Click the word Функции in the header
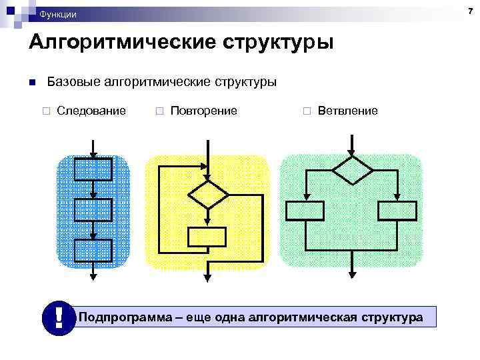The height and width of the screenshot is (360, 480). (x=58, y=14)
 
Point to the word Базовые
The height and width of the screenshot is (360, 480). (x=73, y=82)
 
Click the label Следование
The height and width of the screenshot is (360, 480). (x=91, y=111)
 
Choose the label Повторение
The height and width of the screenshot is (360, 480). (x=203, y=111)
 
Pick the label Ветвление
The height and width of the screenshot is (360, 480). (x=347, y=111)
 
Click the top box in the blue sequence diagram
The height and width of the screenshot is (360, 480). (x=93, y=169)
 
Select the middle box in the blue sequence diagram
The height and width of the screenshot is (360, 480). (x=93, y=210)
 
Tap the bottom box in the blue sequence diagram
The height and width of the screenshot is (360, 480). (x=93, y=250)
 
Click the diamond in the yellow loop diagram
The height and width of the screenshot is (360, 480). (x=208, y=195)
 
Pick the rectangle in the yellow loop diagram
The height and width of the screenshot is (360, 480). (x=207, y=237)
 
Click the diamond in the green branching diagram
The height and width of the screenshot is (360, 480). (x=352, y=170)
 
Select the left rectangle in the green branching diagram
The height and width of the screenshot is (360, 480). (x=305, y=211)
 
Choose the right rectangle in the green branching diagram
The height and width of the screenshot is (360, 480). (x=397, y=211)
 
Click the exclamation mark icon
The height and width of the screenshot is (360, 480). (x=59, y=318)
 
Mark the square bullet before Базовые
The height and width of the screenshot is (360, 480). (x=31, y=83)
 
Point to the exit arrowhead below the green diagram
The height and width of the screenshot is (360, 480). (x=352, y=273)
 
